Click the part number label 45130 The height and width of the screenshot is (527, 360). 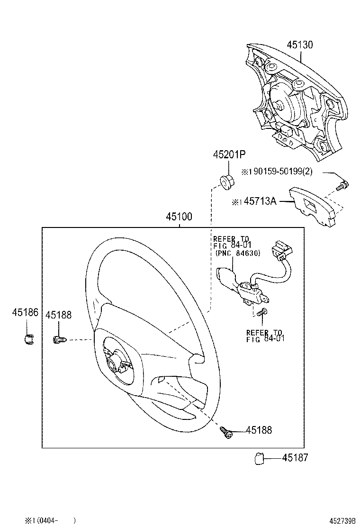point(299,45)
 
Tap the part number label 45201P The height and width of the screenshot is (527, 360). point(229,154)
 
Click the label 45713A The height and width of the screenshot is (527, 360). point(259,201)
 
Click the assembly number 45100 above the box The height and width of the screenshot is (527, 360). point(179,217)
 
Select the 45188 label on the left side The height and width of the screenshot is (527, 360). point(58,315)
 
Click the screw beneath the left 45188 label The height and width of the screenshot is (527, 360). point(58,339)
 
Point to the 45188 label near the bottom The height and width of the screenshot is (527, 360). point(259,430)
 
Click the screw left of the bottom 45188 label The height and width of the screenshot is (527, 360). point(226,431)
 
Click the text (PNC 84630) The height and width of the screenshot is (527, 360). point(237,253)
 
